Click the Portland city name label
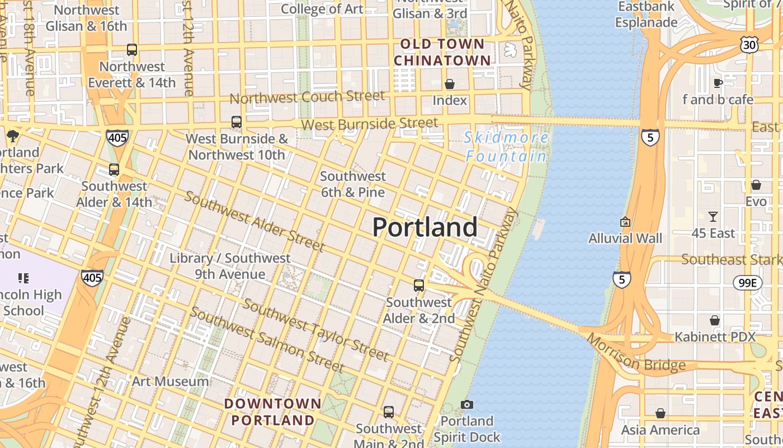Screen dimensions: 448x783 coord(424,227)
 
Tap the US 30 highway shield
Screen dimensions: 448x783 coord(749,45)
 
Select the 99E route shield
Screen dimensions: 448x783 coord(748,283)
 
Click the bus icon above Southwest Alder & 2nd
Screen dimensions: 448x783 coord(419,286)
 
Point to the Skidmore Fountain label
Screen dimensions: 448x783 coord(506,147)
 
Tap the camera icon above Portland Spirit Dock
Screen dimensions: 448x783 coord(467,404)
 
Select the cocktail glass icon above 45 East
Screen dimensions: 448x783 coord(713,216)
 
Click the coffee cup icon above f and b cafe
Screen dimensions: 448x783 coord(718,83)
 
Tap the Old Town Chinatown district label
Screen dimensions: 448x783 coord(442,52)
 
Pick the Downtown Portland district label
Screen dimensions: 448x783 coord(273,412)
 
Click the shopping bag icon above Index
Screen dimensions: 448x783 coord(450,84)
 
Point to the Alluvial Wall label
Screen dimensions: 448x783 coord(625,239)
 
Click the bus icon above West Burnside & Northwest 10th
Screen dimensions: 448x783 coord(237,122)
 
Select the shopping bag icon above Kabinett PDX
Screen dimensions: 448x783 coord(715,320)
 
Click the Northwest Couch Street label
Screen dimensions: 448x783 coord(307,97)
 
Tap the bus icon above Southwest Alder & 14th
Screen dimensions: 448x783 coord(114,169)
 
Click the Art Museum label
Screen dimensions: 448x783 coord(171,382)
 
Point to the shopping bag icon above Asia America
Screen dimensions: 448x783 coord(661,413)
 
